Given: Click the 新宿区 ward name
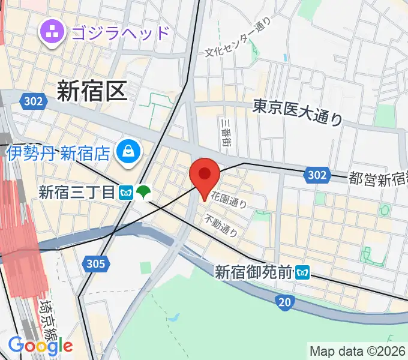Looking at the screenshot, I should click(92, 91).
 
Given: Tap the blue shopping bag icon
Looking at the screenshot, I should click(128, 152).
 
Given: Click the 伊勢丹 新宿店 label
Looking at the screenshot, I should click(59, 153).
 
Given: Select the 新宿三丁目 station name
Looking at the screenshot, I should click(76, 193).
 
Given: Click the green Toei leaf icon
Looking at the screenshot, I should click(143, 193).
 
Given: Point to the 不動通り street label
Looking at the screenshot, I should click(221, 224).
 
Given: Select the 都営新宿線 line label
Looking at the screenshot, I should click(378, 179).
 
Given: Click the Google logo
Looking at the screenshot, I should click(40, 345).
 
